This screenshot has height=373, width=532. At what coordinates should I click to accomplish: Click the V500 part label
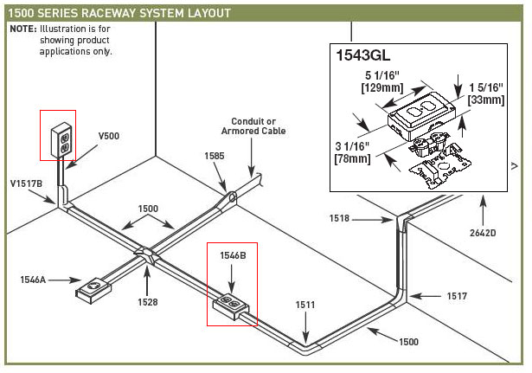tap(109, 136)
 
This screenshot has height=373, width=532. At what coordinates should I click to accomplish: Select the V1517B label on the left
tap(26, 183)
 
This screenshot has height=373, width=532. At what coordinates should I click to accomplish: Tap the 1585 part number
tap(214, 155)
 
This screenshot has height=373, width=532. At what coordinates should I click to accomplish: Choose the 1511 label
tap(304, 305)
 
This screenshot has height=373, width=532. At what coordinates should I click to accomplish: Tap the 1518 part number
tap(340, 219)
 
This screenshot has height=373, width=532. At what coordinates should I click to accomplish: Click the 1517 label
tap(456, 296)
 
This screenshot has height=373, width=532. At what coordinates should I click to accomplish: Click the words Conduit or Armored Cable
tap(258, 126)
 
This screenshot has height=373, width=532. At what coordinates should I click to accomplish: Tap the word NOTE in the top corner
tap(22, 29)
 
